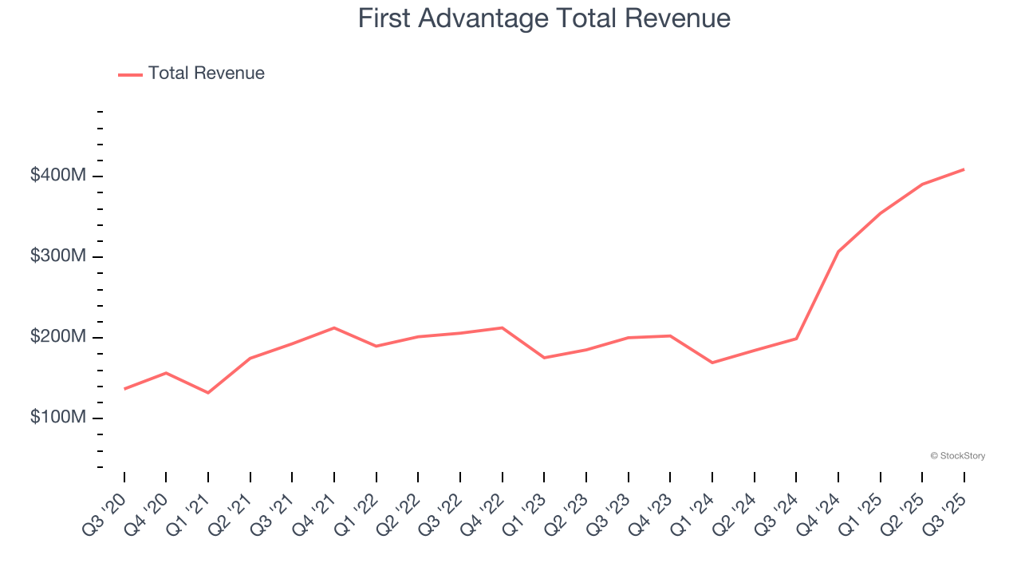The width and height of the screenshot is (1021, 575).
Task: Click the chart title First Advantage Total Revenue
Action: click(544, 18)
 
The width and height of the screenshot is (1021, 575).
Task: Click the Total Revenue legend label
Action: click(206, 73)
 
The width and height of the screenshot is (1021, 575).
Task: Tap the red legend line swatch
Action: click(130, 74)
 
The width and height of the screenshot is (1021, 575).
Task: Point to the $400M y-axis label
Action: click(57, 176)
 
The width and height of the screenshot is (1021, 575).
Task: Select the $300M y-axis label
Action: click(57, 256)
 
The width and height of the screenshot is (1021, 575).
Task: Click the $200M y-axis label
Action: click(57, 337)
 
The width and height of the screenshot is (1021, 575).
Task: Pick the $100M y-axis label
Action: click(57, 418)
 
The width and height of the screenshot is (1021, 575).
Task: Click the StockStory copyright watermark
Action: click(957, 456)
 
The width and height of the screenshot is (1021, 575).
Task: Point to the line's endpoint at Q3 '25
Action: click(964, 169)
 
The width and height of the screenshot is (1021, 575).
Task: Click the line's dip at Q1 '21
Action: click(208, 393)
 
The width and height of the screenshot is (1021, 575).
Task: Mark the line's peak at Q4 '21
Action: click(334, 327)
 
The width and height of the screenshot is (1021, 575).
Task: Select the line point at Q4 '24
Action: click(838, 252)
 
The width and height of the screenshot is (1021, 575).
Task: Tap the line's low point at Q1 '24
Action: click(712, 363)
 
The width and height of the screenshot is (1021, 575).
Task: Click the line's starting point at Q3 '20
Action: click(124, 389)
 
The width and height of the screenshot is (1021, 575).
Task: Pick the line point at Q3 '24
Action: click(796, 339)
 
